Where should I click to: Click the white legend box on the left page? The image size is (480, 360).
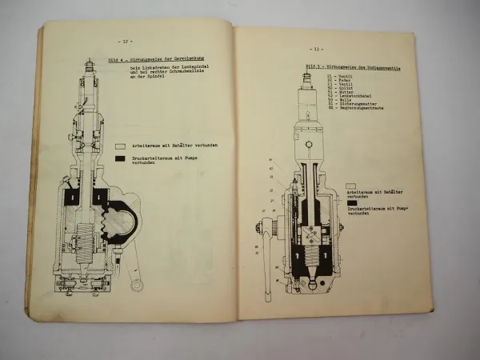pos(119,146)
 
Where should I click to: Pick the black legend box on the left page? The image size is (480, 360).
pos(119,160)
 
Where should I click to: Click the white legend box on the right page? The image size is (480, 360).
pos(351,185)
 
